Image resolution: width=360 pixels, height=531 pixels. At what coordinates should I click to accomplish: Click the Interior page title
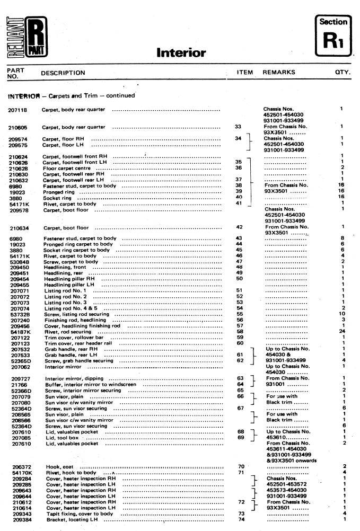tap(181, 53)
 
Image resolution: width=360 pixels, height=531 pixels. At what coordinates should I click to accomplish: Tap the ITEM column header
tap(244, 73)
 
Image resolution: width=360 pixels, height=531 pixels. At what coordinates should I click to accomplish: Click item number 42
tap(239, 227)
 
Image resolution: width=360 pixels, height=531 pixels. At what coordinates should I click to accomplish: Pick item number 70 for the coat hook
tap(239, 466)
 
